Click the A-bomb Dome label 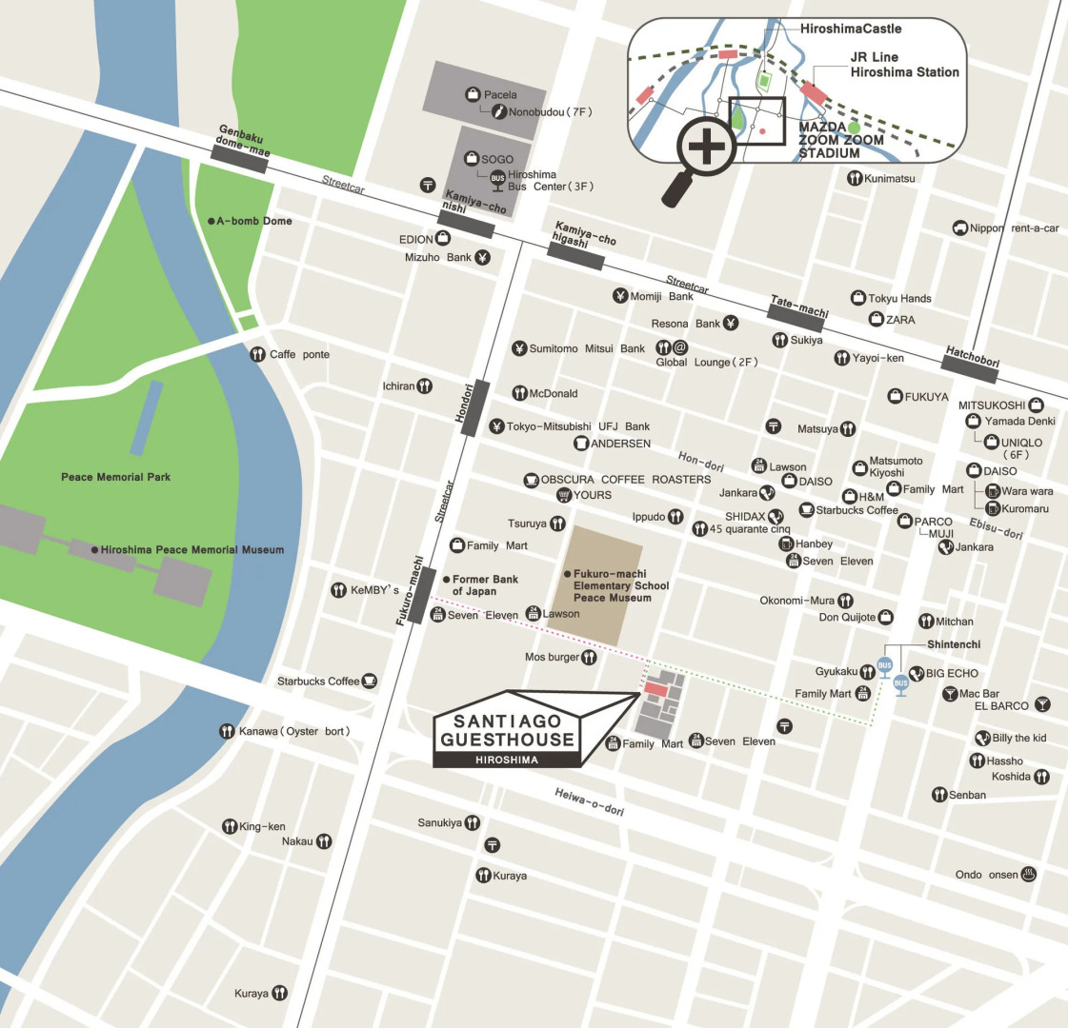(x=253, y=221)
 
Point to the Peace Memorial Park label (x=115, y=477)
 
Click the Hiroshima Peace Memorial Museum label (x=191, y=550)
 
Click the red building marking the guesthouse (x=656, y=687)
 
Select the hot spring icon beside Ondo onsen (x=1028, y=875)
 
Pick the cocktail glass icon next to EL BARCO (x=1042, y=705)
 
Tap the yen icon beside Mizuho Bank (x=482, y=258)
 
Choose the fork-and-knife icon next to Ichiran (x=425, y=386)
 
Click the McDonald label (x=553, y=393)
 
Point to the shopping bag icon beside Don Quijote (x=885, y=617)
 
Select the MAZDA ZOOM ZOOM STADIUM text (x=841, y=140)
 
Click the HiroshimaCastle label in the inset (x=850, y=29)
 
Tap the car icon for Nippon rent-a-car (x=960, y=228)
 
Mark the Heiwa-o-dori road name (x=589, y=802)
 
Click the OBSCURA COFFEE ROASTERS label (x=625, y=480)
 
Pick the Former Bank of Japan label (x=484, y=585)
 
